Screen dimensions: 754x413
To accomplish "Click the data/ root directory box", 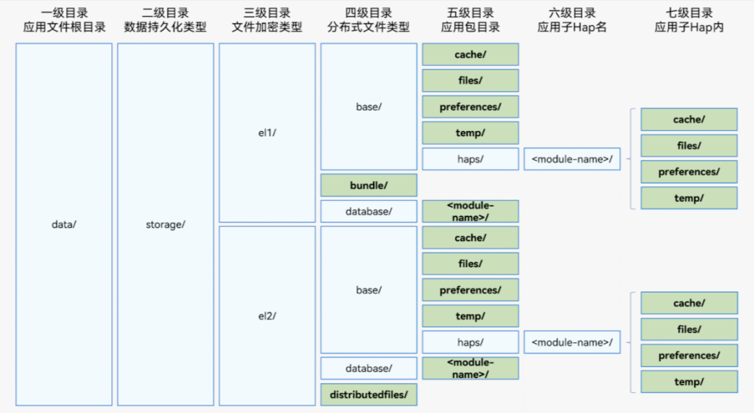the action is [64, 224].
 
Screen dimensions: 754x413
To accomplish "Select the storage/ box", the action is [165, 224].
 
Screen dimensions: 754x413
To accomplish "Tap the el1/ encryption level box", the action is [267, 133].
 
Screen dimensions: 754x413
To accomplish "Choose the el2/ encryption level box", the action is [267, 316].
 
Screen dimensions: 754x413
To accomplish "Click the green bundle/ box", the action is [369, 185].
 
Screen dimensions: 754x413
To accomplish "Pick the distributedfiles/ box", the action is [369, 395].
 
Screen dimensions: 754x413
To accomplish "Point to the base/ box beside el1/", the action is [369, 107].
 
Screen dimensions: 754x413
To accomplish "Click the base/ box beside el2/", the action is [369, 290].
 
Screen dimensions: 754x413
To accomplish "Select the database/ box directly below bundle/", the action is [369, 211].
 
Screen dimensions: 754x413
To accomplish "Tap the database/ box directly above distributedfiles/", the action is [369, 368].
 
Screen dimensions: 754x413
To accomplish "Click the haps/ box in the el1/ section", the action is [471, 159].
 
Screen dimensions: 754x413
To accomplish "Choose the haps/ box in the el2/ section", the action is [471, 343].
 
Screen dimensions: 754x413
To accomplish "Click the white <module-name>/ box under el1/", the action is [572, 159].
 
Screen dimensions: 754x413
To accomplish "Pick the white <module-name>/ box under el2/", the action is [572, 343].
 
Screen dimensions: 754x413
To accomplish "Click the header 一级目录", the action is [64, 13].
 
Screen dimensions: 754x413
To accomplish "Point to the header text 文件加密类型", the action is [267, 27].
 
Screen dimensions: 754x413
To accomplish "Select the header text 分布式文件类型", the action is [369, 27].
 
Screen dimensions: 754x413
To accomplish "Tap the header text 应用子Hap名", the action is [572, 27].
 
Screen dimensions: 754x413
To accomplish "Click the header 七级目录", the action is [689, 13].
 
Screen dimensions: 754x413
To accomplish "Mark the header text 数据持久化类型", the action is [165, 27].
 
